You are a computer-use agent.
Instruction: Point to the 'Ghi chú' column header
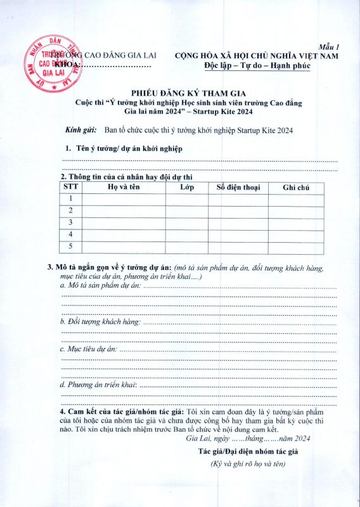click(295, 188)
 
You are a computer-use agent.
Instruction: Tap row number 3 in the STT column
click(71, 222)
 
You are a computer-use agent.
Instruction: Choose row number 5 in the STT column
click(71, 246)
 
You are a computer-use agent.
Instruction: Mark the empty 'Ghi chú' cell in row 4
click(295, 234)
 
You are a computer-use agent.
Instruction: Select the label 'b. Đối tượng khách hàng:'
click(100, 322)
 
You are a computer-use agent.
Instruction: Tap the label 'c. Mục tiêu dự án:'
click(88, 349)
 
